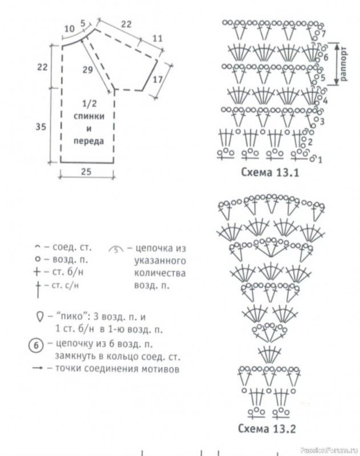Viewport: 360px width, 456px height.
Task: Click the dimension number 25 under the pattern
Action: click(86, 172)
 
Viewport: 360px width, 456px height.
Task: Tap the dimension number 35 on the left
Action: click(41, 127)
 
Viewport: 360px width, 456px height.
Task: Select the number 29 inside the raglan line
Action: click(88, 70)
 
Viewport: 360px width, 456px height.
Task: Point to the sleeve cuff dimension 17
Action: click(157, 79)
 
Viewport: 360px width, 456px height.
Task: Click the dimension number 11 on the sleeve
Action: click(157, 38)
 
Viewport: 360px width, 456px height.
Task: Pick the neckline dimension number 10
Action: click(69, 29)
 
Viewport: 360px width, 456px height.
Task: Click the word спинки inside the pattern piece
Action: click(89, 116)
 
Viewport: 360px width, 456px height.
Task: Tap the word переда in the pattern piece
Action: click(89, 141)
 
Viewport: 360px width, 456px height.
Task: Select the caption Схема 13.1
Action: click(270, 173)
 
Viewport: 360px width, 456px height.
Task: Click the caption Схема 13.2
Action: click(266, 429)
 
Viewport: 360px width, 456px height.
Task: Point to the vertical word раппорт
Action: click(343, 64)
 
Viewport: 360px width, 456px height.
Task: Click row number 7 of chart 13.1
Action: click(323, 34)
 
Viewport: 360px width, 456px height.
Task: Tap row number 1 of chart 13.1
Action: click(320, 160)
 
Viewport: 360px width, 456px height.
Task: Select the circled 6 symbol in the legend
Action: click(36, 345)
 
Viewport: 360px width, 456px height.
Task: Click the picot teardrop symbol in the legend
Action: click(40, 316)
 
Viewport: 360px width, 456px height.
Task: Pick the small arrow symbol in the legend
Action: click(38, 368)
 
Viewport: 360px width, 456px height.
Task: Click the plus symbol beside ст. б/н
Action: click(37, 272)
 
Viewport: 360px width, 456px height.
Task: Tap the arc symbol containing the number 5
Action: click(116, 249)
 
